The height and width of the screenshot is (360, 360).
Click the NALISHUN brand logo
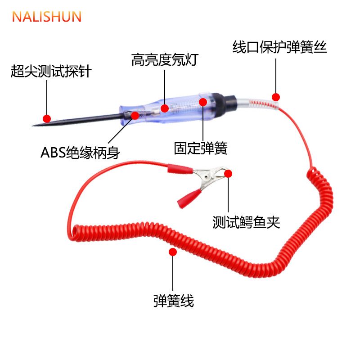tap(46, 17)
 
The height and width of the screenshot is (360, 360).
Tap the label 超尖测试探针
tap(51, 71)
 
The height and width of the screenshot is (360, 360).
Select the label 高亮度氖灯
tap(164, 60)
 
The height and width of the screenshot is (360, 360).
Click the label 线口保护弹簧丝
tap(279, 47)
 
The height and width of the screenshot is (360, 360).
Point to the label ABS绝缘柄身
tap(80, 153)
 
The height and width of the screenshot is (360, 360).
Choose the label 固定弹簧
tap(201, 148)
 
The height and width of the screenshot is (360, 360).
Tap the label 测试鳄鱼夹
tap(246, 222)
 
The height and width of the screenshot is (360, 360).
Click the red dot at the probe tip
tap(45, 116)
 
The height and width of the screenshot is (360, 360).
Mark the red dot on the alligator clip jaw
tap(228, 174)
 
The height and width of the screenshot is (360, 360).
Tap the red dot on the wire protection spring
tap(276, 97)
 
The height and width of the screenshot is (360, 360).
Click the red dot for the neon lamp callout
tap(165, 108)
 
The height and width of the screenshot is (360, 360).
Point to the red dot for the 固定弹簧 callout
tap(203, 102)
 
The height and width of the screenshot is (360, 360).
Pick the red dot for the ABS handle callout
tap(135, 115)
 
